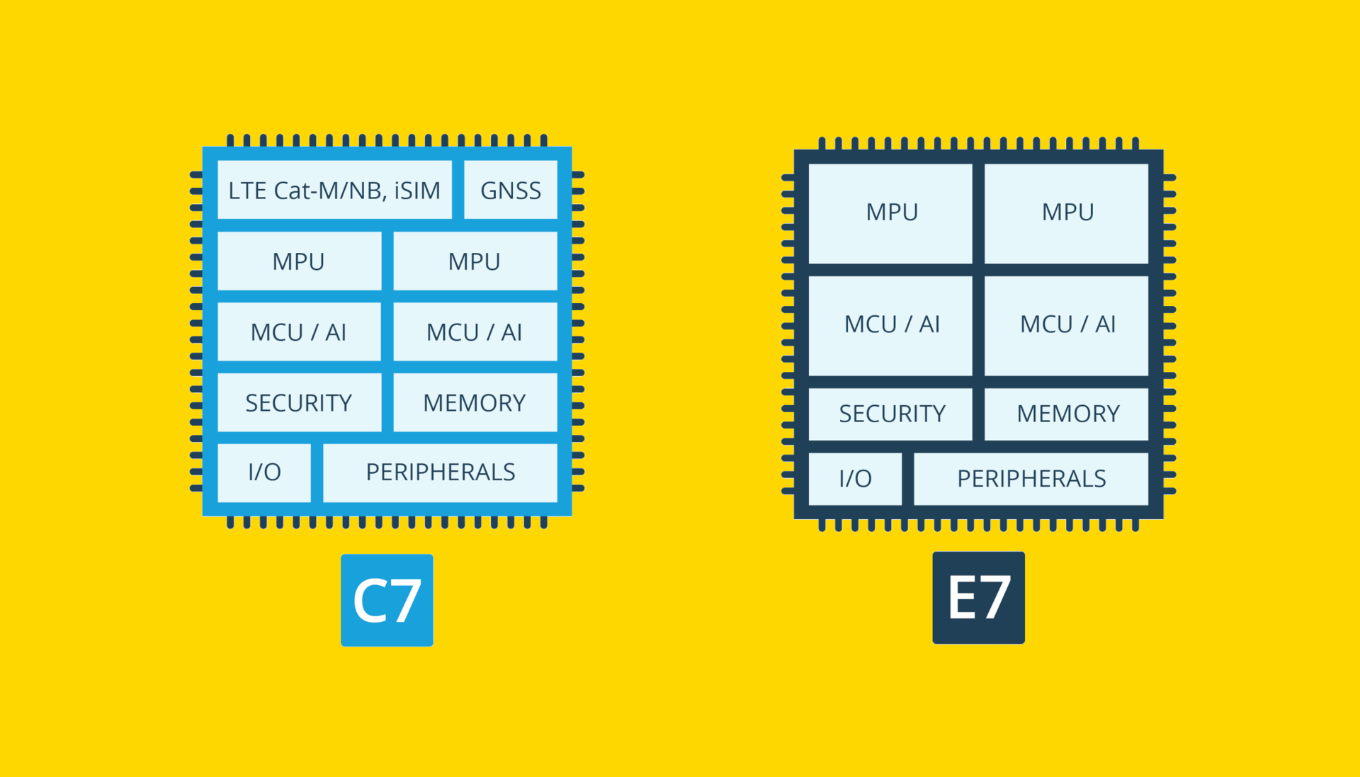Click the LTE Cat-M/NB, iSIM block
[x=334, y=190]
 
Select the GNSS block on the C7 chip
[x=510, y=190]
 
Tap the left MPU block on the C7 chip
[x=299, y=261]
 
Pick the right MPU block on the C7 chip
[x=475, y=261]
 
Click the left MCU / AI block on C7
[x=299, y=331]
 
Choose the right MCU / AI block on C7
[x=475, y=331]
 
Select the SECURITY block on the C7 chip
[x=299, y=402]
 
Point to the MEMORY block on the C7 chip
[x=475, y=402]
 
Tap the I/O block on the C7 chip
[x=264, y=472]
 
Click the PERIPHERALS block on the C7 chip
[x=440, y=472]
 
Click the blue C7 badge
[x=387, y=600]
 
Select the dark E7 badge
[x=978, y=597]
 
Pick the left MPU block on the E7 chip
[x=890, y=213]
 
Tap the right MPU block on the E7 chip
[x=1066, y=213]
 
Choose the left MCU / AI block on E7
[x=890, y=325]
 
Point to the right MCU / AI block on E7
[x=1066, y=325]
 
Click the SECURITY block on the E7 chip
[x=890, y=414]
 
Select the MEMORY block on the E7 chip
[x=1066, y=414]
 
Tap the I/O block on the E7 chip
[x=855, y=479]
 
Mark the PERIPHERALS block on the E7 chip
[x=1031, y=479]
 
